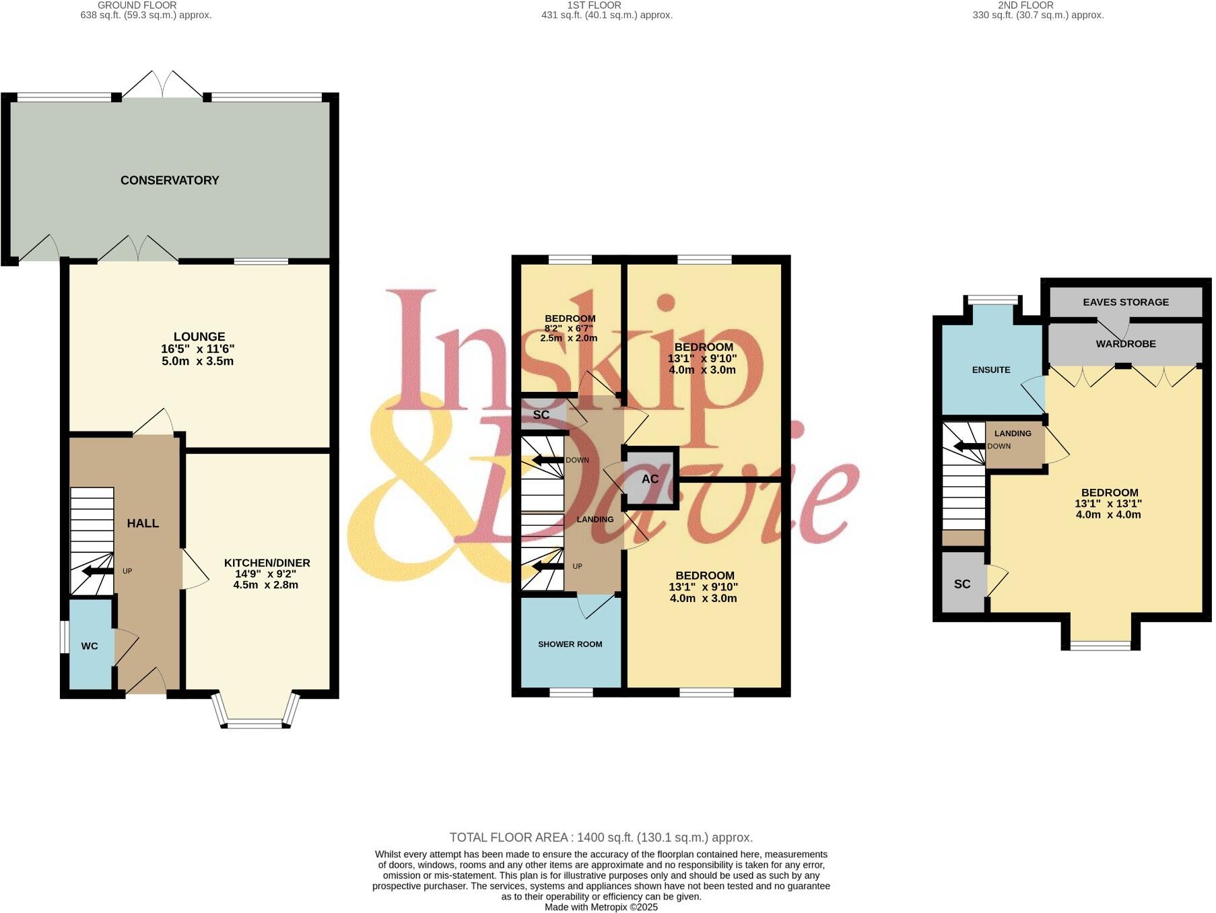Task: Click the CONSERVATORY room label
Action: [x=170, y=180]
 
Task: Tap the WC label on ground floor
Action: [x=90, y=646]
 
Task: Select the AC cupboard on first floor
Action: [x=650, y=479]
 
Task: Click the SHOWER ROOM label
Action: [x=570, y=644]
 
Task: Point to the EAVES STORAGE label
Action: [x=1126, y=302]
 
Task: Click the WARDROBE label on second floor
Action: [x=1126, y=344]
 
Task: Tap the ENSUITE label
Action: [x=991, y=370]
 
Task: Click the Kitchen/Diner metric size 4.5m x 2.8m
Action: [x=266, y=585]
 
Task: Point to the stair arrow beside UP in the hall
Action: [x=98, y=572]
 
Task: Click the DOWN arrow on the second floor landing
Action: [x=968, y=446]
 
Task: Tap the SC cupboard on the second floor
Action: [x=962, y=584]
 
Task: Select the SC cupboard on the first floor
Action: [x=541, y=415]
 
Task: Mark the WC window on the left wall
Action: [x=63, y=637]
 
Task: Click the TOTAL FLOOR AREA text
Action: [x=601, y=838]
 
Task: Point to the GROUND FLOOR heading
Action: [x=137, y=5]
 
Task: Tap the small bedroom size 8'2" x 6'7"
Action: [x=570, y=329]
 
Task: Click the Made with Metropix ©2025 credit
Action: [x=601, y=907]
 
